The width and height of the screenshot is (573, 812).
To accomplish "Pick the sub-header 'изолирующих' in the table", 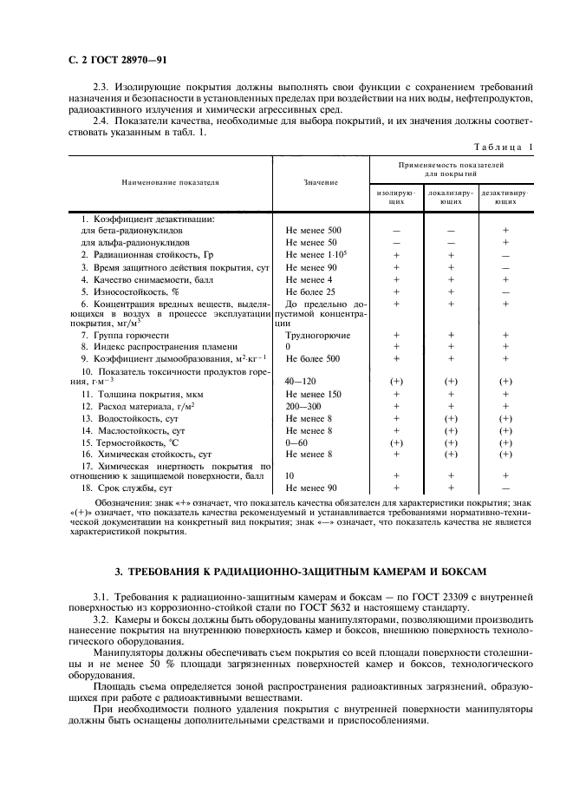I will click(396, 194).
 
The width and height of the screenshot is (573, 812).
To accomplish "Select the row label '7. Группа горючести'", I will click(120, 334).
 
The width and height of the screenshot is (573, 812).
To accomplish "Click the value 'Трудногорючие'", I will click(317, 334).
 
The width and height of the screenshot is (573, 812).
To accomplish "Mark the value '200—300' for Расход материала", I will click(303, 406).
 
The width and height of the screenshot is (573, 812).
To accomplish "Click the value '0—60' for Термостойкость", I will click(297, 442).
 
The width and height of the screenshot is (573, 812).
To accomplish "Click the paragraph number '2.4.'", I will click(102, 121).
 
